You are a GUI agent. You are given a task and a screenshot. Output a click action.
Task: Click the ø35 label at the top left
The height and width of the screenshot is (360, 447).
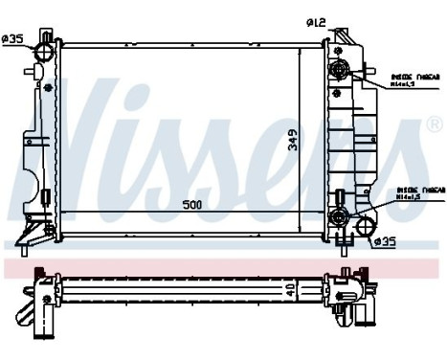tap(12, 38)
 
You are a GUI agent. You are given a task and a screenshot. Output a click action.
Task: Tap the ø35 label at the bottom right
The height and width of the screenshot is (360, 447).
tap(384, 241)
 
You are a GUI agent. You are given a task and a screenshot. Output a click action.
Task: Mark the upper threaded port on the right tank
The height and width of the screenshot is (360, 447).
tap(339, 71)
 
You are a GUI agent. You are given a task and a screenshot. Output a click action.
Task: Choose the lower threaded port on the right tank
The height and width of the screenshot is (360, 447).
tap(338, 217)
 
